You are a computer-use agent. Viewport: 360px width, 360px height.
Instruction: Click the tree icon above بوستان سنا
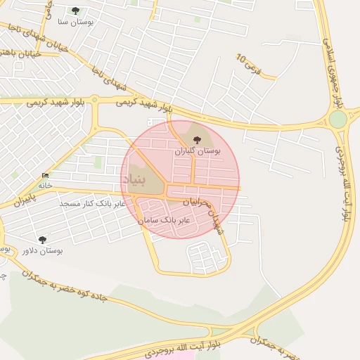(76, 11)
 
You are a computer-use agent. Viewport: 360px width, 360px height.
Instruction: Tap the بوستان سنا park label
(76, 22)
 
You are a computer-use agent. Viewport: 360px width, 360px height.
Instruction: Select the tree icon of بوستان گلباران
(196, 140)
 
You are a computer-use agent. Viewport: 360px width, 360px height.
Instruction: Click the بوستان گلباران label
(198, 151)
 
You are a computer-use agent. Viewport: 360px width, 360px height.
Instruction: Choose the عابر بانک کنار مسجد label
(92, 203)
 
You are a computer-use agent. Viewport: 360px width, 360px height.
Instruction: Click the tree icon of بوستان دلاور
(42, 240)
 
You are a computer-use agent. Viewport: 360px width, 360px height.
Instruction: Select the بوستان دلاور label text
(42, 250)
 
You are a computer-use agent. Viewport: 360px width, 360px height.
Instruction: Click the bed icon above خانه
(45, 175)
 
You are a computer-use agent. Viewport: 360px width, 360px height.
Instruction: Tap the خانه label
(45, 186)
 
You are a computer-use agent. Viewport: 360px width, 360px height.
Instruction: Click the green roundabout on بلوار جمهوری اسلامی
(338, 119)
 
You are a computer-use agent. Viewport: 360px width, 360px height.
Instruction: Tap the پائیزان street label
(22, 200)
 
